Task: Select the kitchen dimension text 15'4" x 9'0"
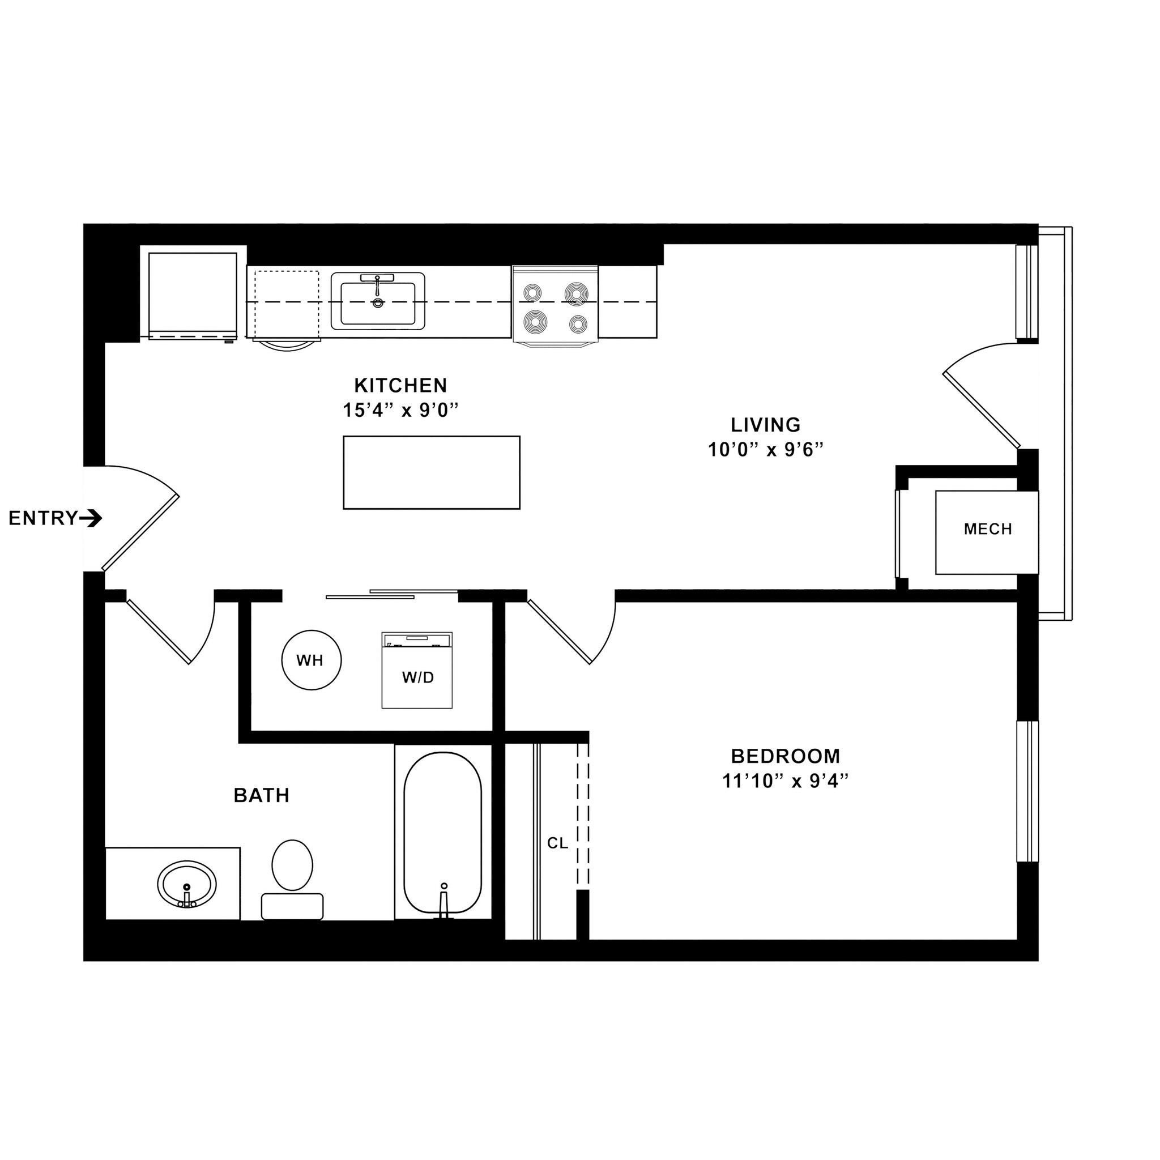point(400,411)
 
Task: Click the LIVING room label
point(766,425)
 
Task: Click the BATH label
point(262,796)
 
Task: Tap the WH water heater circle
point(311,660)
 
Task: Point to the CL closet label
point(557,843)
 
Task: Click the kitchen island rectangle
point(431,472)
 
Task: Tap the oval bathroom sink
point(187,884)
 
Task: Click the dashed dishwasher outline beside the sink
point(287,304)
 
